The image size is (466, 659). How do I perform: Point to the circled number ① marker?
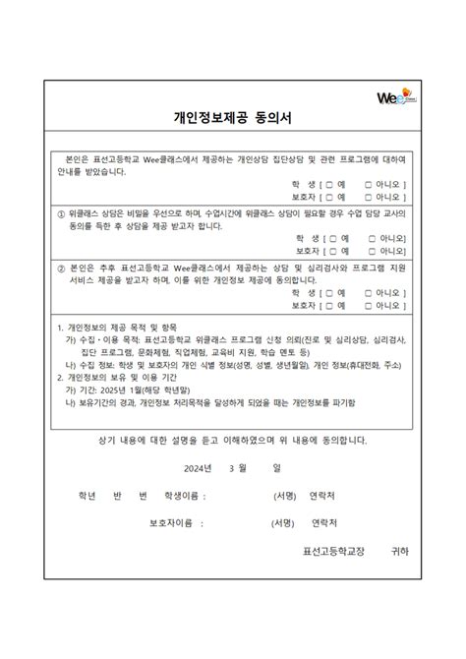(61, 212)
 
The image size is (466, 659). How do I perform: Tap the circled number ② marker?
(61, 267)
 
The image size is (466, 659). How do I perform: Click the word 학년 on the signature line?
(73, 495)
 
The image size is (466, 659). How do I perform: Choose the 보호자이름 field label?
(171, 522)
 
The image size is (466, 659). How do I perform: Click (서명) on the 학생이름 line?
(286, 495)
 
